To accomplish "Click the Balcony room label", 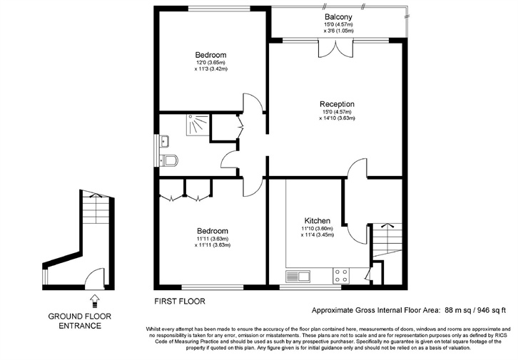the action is coord(338,17).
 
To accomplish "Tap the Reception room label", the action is coord(337,104).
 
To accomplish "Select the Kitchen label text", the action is coord(317,221).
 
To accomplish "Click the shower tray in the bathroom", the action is coord(198,125).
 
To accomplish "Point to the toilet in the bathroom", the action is coord(169,161).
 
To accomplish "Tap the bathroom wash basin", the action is coord(164,141).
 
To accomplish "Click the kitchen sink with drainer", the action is coord(298,277).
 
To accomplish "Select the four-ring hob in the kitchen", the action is coord(341,276).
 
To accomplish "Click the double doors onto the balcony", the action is coord(335,49).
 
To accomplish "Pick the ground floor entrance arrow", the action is coord(94,300).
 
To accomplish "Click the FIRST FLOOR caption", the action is coord(180,302).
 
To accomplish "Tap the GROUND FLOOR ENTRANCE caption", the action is coord(80,321).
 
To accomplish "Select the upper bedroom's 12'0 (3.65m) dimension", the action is coord(210,62).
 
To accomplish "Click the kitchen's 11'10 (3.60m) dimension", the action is coord(317,229).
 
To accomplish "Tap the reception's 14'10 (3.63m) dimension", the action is coord(337,118).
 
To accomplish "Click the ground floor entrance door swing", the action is coord(95,277).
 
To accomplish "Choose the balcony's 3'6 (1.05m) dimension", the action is coord(339,31).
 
